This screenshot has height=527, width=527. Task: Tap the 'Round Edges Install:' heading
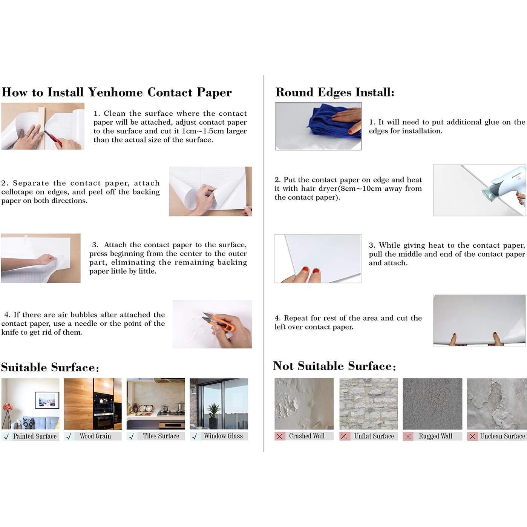point(335,92)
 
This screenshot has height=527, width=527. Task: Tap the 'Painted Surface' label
point(35,436)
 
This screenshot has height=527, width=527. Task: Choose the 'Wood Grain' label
point(95,436)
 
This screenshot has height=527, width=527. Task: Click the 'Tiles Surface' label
point(161,436)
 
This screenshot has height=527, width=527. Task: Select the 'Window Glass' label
point(223,436)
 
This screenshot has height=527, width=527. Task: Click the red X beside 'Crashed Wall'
point(279,436)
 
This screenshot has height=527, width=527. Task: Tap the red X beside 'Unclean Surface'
point(472,436)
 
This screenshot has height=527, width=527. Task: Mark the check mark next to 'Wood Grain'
point(69,437)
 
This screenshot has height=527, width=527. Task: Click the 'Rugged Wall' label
point(435,436)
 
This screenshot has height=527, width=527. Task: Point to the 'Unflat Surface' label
point(374,436)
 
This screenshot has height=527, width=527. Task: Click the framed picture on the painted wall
point(47,400)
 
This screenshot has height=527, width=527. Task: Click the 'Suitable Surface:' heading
point(50,368)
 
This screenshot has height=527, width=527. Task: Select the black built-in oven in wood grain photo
point(103,411)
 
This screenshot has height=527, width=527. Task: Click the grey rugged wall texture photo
point(432,403)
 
